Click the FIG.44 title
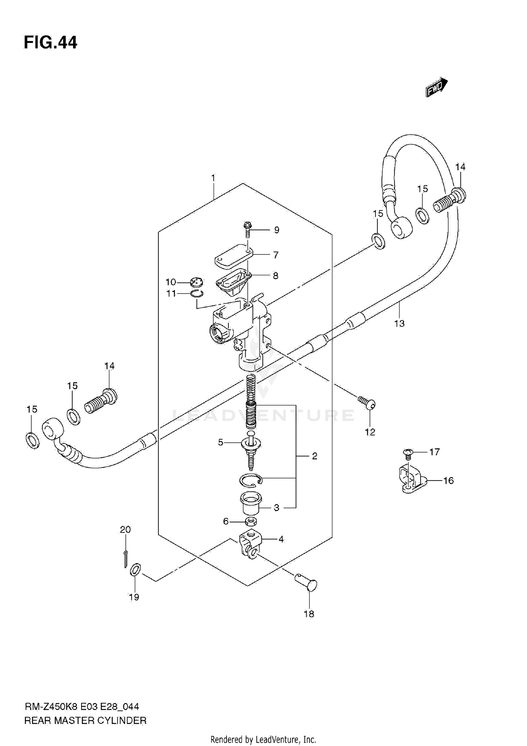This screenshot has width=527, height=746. (51, 43)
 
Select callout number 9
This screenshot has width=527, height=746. (277, 230)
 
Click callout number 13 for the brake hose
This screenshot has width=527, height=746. (399, 323)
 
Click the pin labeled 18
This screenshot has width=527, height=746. (307, 584)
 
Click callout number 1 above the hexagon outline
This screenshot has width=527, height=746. (213, 178)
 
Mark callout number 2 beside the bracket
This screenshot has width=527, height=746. (314, 456)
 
